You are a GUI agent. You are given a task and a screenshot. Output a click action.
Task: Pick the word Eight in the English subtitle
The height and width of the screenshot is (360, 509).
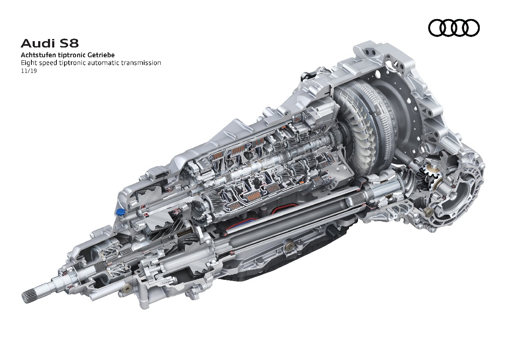click(29, 63)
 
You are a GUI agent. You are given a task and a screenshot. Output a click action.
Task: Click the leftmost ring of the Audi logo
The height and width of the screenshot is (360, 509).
click(436, 28)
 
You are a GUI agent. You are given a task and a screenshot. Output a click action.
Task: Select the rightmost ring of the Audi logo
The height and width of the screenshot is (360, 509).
click(471, 28)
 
